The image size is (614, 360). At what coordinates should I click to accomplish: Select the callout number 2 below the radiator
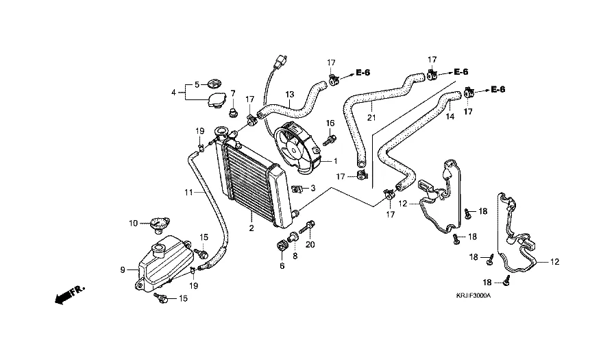[x=251, y=228]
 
